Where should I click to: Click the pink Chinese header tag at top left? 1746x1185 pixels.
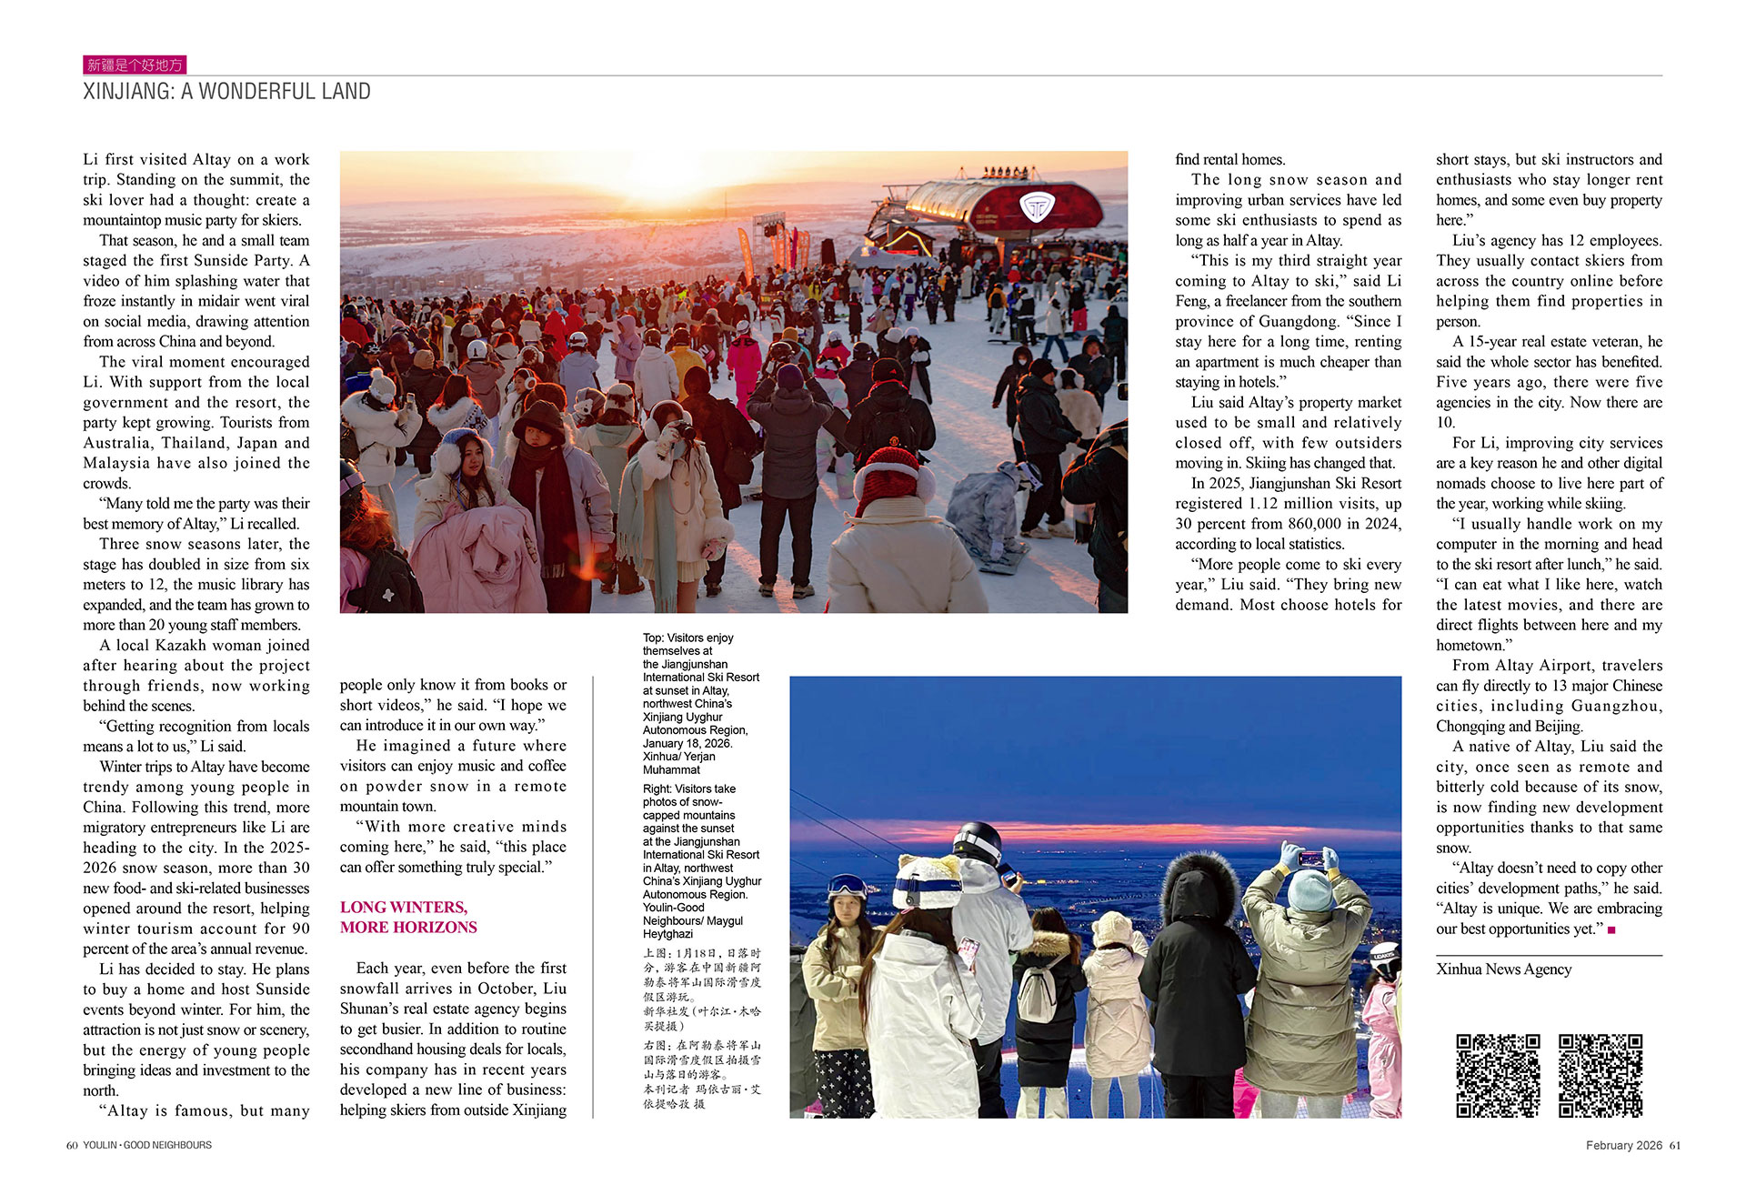coord(135,65)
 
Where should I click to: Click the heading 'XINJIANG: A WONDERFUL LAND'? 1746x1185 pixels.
coord(226,92)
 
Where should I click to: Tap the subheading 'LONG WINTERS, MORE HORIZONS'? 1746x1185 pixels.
coord(408,917)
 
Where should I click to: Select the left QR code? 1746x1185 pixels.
coord(1498,1075)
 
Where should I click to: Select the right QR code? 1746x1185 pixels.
coord(1600,1075)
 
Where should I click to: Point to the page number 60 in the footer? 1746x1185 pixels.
coord(72,1145)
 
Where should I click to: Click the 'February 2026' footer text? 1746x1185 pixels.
coord(1624,1145)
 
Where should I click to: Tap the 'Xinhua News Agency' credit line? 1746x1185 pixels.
coord(1503,969)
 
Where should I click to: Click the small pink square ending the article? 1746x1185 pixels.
coord(1611,929)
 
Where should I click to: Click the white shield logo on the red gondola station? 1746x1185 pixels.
coord(1035,207)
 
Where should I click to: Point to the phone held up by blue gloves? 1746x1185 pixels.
coord(1310,857)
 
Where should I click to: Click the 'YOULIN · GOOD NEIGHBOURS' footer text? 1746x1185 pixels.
coord(147,1145)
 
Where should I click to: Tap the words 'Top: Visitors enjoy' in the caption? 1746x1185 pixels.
coord(687,638)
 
